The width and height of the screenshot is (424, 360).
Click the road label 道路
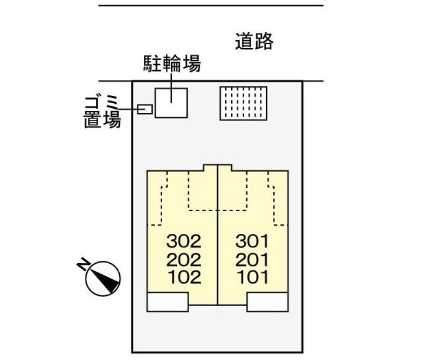(x=254, y=41)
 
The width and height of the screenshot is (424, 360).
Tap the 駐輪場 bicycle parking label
(x=172, y=64)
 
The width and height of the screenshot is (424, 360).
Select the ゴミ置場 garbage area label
(x=102, y=112)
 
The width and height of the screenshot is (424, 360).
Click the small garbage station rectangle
(x=145, y=110)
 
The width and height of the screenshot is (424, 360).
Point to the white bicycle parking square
(x=171, y=103)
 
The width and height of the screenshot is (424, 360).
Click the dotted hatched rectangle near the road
(x=243, y=103)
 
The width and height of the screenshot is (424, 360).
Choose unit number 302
(x=184, y=241)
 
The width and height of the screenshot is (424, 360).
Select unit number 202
(x=184, y=260)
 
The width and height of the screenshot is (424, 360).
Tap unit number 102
(x=184, y=277)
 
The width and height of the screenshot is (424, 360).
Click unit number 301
(x=252, y=241)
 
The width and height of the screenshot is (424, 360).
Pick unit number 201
(x=252, y=260)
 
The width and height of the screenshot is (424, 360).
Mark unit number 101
(x=253, y=277)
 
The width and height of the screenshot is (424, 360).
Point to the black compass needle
(x=107, y=281)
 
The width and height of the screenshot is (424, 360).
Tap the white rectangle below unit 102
(x=167, y=302)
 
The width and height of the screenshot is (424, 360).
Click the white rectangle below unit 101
(x=268, y=302)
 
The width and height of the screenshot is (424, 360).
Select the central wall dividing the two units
(x=218, y=235)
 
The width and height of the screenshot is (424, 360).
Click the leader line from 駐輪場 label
(x=171, y=88)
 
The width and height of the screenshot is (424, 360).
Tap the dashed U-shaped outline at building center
(x=218, y=210)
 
